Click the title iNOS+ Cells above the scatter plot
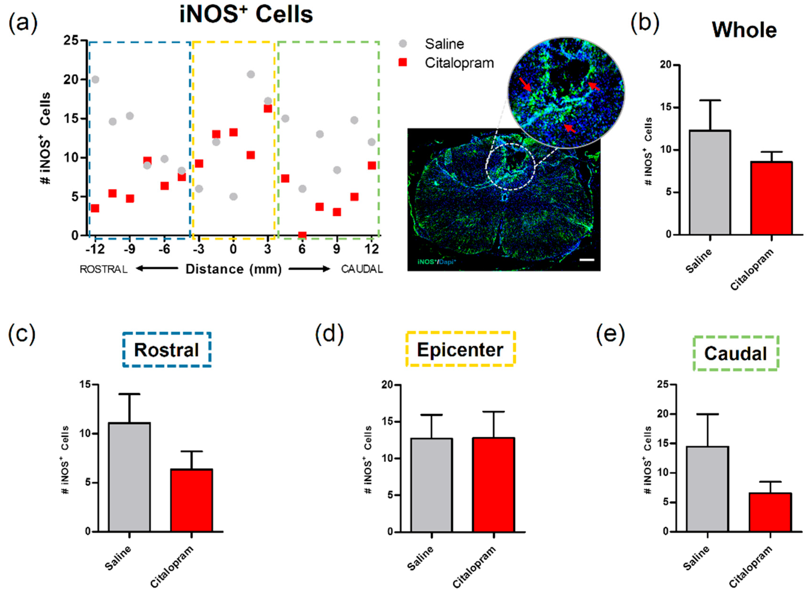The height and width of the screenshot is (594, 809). [x=246, y=15]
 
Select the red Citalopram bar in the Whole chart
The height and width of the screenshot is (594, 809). [x=771, y=198]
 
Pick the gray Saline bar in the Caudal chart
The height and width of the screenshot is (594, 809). [x=707, y=489]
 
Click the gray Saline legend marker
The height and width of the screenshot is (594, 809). [x=403, y=44]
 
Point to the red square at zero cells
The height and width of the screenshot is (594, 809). [x=302, y=235]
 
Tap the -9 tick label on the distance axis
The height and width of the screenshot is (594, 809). [x=130, y=249]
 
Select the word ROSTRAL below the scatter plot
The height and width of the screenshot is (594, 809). [x=104, y=269]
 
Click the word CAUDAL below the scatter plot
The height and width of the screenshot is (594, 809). [x=362, y=269]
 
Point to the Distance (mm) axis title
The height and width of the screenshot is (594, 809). [x=233, y=269]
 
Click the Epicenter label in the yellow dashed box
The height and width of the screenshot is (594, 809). [x=460, y=350]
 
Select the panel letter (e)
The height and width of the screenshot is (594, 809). [x=610, y=334]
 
